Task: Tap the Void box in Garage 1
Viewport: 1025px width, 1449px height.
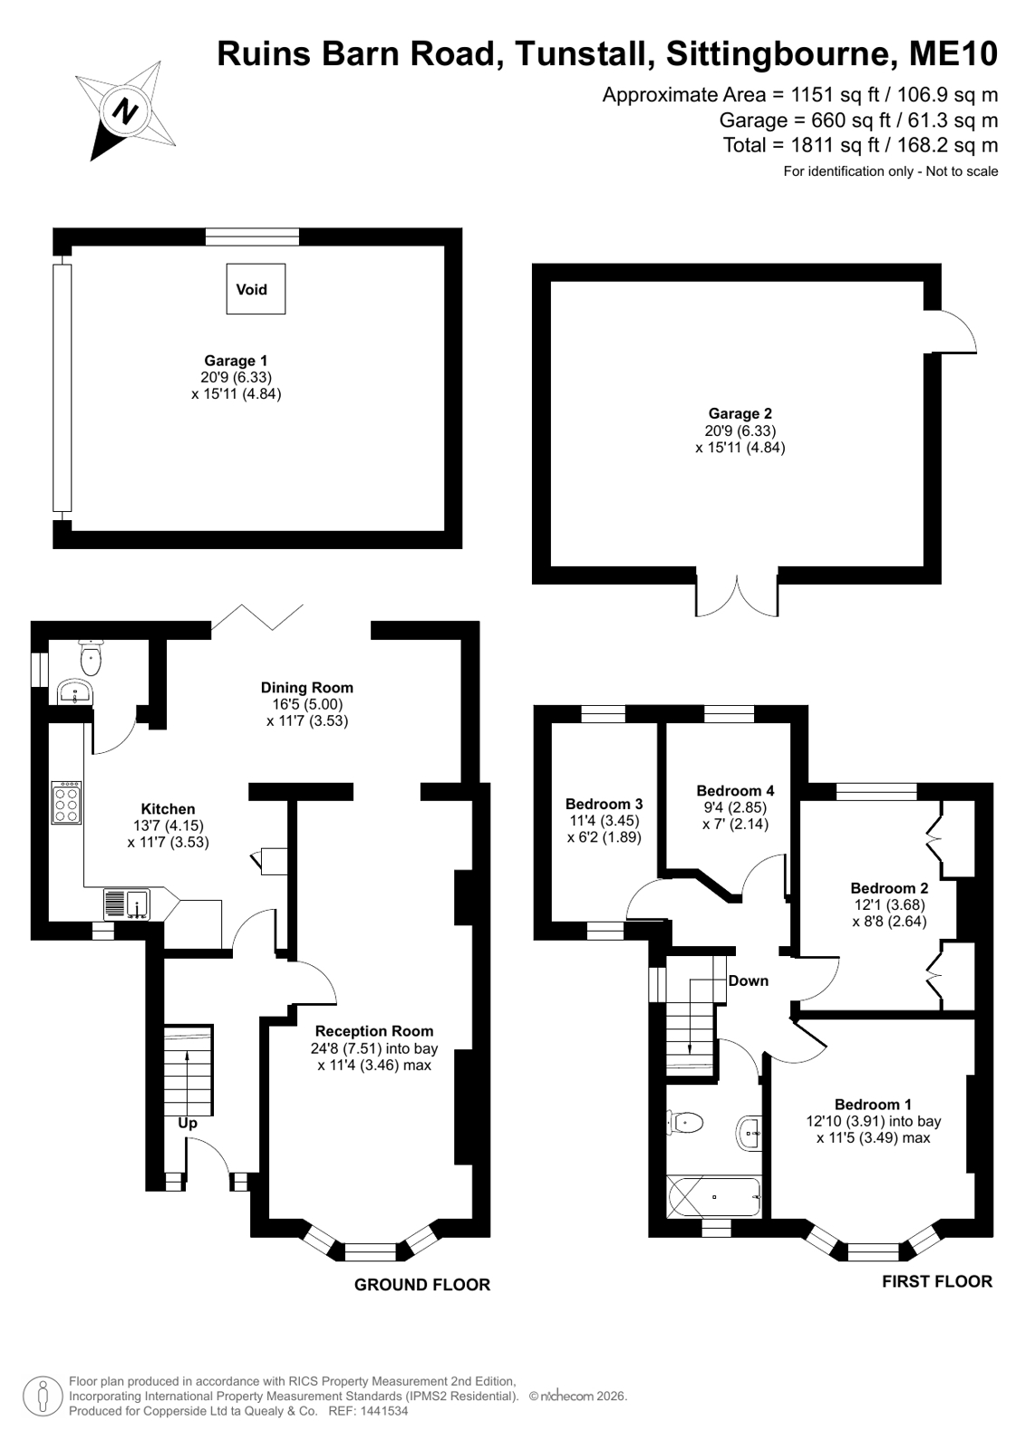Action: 256,288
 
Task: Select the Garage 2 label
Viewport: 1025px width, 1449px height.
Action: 740,413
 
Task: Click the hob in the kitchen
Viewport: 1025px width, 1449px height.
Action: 67,803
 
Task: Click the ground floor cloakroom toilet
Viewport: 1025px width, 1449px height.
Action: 90,657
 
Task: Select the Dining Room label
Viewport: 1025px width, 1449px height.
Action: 307,688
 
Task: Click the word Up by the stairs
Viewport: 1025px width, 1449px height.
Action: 188,1124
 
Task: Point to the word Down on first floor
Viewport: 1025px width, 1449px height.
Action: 749,980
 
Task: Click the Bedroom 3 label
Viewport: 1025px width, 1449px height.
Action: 604,804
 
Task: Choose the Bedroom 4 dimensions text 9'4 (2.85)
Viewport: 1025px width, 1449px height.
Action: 735,807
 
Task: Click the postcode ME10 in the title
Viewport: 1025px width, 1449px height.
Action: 953,53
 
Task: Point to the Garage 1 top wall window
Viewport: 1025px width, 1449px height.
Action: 252,237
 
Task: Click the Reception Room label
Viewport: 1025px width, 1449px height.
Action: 374,1031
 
